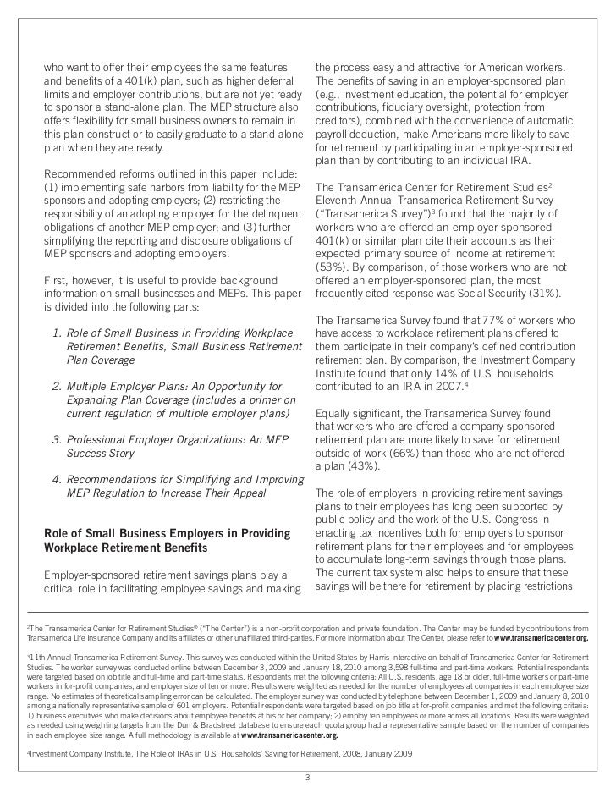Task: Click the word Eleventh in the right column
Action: [x=339, y=200]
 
